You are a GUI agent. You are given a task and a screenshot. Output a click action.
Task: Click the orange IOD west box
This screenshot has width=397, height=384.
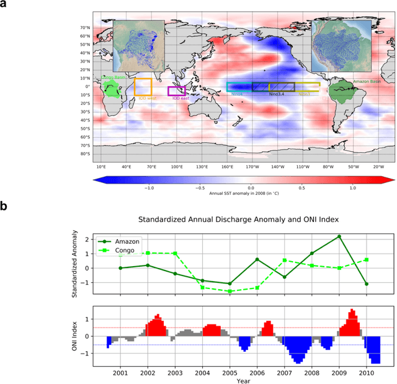point(143,86)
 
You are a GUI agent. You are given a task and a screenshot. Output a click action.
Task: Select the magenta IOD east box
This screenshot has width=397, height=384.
point(176,91)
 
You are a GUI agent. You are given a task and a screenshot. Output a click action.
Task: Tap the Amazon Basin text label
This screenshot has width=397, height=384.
point(369,81)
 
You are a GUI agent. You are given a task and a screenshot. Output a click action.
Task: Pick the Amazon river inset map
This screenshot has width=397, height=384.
point(341,42)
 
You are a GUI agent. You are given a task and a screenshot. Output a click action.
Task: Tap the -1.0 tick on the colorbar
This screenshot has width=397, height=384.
point(149,187)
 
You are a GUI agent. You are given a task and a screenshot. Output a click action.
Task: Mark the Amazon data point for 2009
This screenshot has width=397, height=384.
point(339,236)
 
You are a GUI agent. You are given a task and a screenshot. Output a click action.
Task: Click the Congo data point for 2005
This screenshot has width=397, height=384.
point(229,291)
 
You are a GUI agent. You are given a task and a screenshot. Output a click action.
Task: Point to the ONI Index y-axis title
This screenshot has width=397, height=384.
point(76,336)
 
